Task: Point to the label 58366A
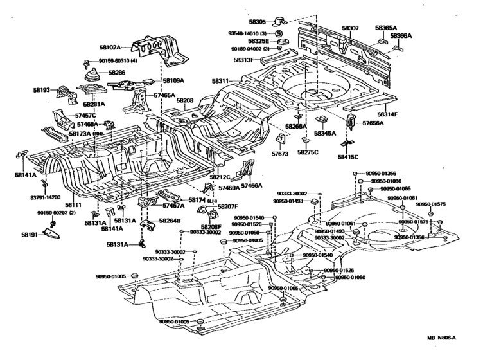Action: pos(401,36)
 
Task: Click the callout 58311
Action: pos(220,81)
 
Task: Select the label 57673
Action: pos(279,154)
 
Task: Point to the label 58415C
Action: pos(347,156)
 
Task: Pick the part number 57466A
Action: pos(250,184)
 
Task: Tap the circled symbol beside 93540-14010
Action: pos(279,33)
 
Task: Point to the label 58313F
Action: pos(243,59)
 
